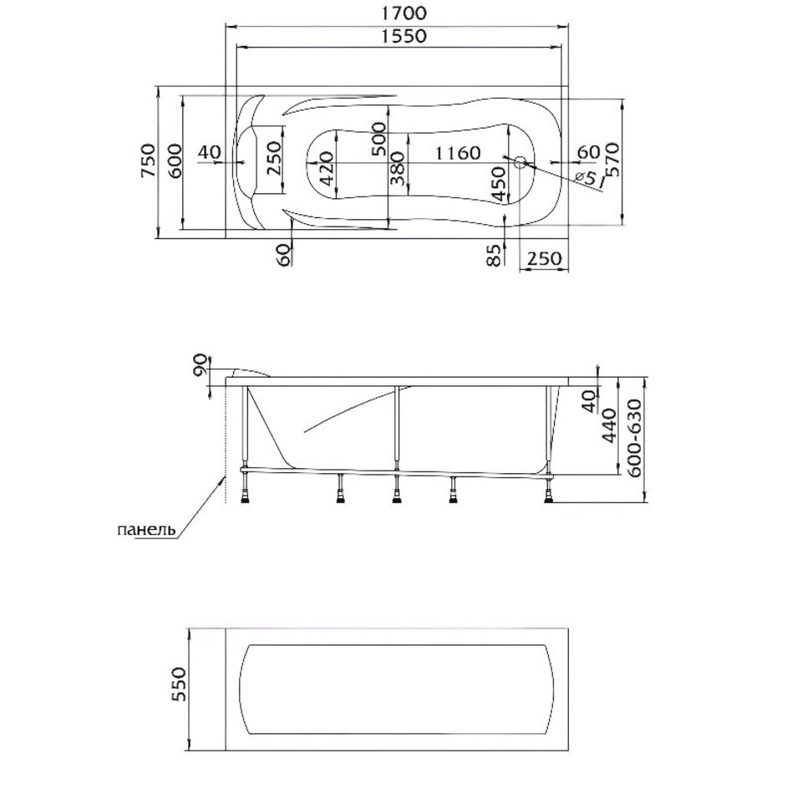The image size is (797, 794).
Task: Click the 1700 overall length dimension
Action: (x=404, y=13)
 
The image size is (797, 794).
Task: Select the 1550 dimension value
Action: (x=404, y=36)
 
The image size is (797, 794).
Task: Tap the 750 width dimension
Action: (x=149, y=160)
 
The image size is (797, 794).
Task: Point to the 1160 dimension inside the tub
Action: (x=458, y=152)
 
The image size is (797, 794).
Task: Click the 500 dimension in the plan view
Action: (x=378, y=139)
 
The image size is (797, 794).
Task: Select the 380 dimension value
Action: (x=398, y=168)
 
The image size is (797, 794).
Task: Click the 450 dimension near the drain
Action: (x=500, y=184)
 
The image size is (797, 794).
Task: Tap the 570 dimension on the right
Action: (x=612, y=159)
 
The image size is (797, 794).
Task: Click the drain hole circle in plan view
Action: (x=520, y=163)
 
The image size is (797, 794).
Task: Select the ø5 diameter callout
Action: (x=586, y=176)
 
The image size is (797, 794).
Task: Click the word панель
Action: (x=146, y=530)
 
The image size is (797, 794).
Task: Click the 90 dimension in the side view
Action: (x=201, y=364)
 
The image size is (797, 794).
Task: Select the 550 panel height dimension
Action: (x=179, y=685)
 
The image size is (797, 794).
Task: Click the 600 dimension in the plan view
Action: (x=174, y=160)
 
